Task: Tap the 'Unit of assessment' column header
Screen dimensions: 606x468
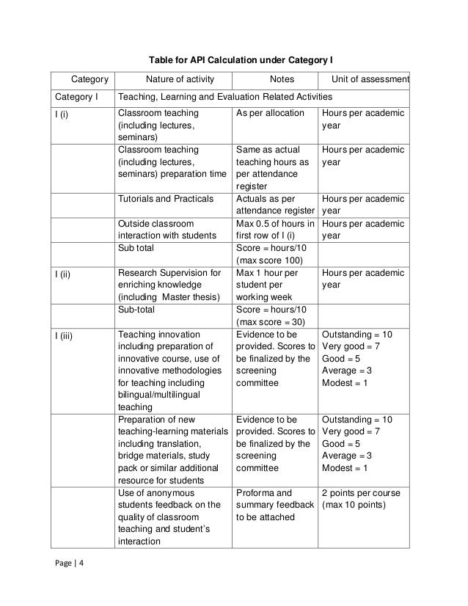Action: tap(370, 79)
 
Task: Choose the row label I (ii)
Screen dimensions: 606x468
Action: tap(62, 274)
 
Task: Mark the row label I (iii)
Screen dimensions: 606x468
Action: tap(63, 335)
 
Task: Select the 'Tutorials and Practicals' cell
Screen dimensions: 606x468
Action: tap(165, 199)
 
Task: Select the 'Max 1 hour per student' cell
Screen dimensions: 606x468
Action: tap(268, 285)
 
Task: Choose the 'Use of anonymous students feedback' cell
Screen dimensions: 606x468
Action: tap(169, 517)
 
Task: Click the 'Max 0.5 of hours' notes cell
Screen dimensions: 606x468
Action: tap(274, 229)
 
